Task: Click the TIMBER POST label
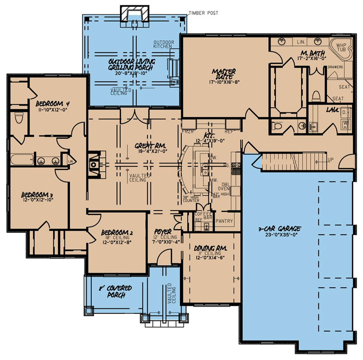[x=203, y=13]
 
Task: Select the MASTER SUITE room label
[x=224, y=74]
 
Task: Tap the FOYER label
[x=163, y=232]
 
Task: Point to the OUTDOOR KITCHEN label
[x=163, y=45]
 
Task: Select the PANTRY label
[x=224, y=221]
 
